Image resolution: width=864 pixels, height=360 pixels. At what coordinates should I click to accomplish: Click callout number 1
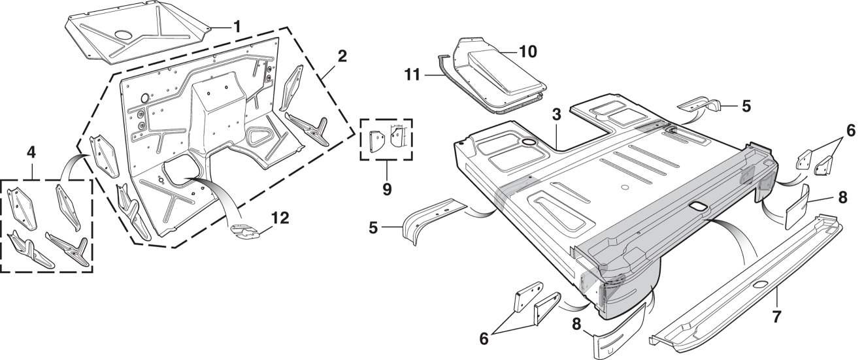[237, 27]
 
